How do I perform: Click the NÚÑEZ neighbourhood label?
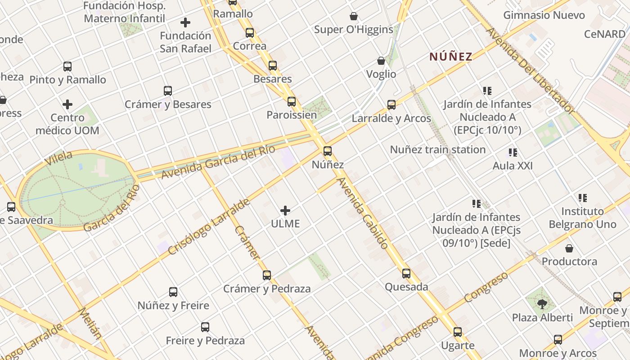tap(450, 57)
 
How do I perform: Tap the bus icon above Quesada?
tap(406, 273)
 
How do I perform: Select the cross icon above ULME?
tap(285, 210)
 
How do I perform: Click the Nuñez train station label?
tap(437, 149)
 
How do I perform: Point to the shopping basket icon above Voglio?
tap(381, 61)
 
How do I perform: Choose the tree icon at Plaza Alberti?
tap(542, 304)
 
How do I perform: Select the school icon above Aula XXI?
tap(513, 153)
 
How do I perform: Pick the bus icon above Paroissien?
tap(292, 101)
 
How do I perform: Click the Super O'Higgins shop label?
tap(354, 30)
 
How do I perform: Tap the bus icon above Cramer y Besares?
tap(168, 91)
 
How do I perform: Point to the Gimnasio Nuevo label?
tap(544, 15)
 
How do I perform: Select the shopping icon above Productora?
tap(569, 248)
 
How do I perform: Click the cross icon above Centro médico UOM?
tap(67, 104)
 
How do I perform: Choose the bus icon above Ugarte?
tap(458, 332)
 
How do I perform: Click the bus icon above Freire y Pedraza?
tap(205, 327)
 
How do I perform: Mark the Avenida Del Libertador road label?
tap(530, 71)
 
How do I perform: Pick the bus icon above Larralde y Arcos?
tap(391, 105)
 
